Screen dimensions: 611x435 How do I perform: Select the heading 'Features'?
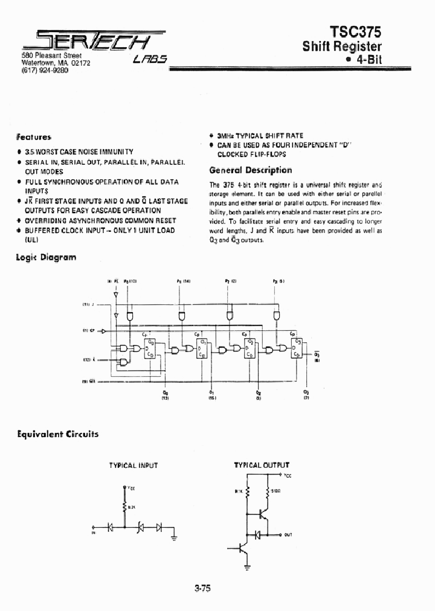pos(34,137)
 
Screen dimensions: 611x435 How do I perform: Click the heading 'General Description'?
pos(250,170)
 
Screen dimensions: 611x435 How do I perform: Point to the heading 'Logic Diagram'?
pos(46,257)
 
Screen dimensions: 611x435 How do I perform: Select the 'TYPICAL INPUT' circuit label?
pos(133,465)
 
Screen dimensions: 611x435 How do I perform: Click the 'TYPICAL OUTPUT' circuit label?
pos(262,465)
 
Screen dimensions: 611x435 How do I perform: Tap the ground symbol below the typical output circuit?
pos(247,567)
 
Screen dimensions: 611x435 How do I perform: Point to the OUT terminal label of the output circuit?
pos(288,535)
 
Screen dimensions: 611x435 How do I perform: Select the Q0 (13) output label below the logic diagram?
pos(165,394)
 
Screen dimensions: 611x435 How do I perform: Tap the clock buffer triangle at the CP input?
pos(103,331)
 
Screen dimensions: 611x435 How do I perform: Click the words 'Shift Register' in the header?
pos(343,46)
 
